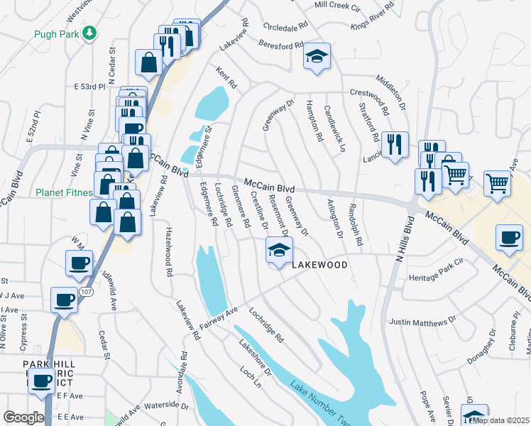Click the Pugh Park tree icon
pos(89,33)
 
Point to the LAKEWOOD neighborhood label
pos(319,265)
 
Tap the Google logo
pos(23,417)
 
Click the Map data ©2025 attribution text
pos(500,420)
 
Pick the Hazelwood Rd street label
pos(169,251)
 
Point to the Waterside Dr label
pos(165,408)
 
